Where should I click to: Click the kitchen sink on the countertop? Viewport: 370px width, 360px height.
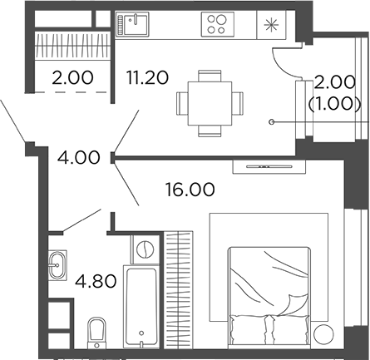(131, 23)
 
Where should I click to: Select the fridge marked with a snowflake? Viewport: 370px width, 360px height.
(270, 24)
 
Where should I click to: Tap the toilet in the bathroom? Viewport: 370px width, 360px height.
(96, 332)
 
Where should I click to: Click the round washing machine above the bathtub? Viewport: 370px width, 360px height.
(145, 249)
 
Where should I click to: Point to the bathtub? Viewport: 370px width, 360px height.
(144, 308)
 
